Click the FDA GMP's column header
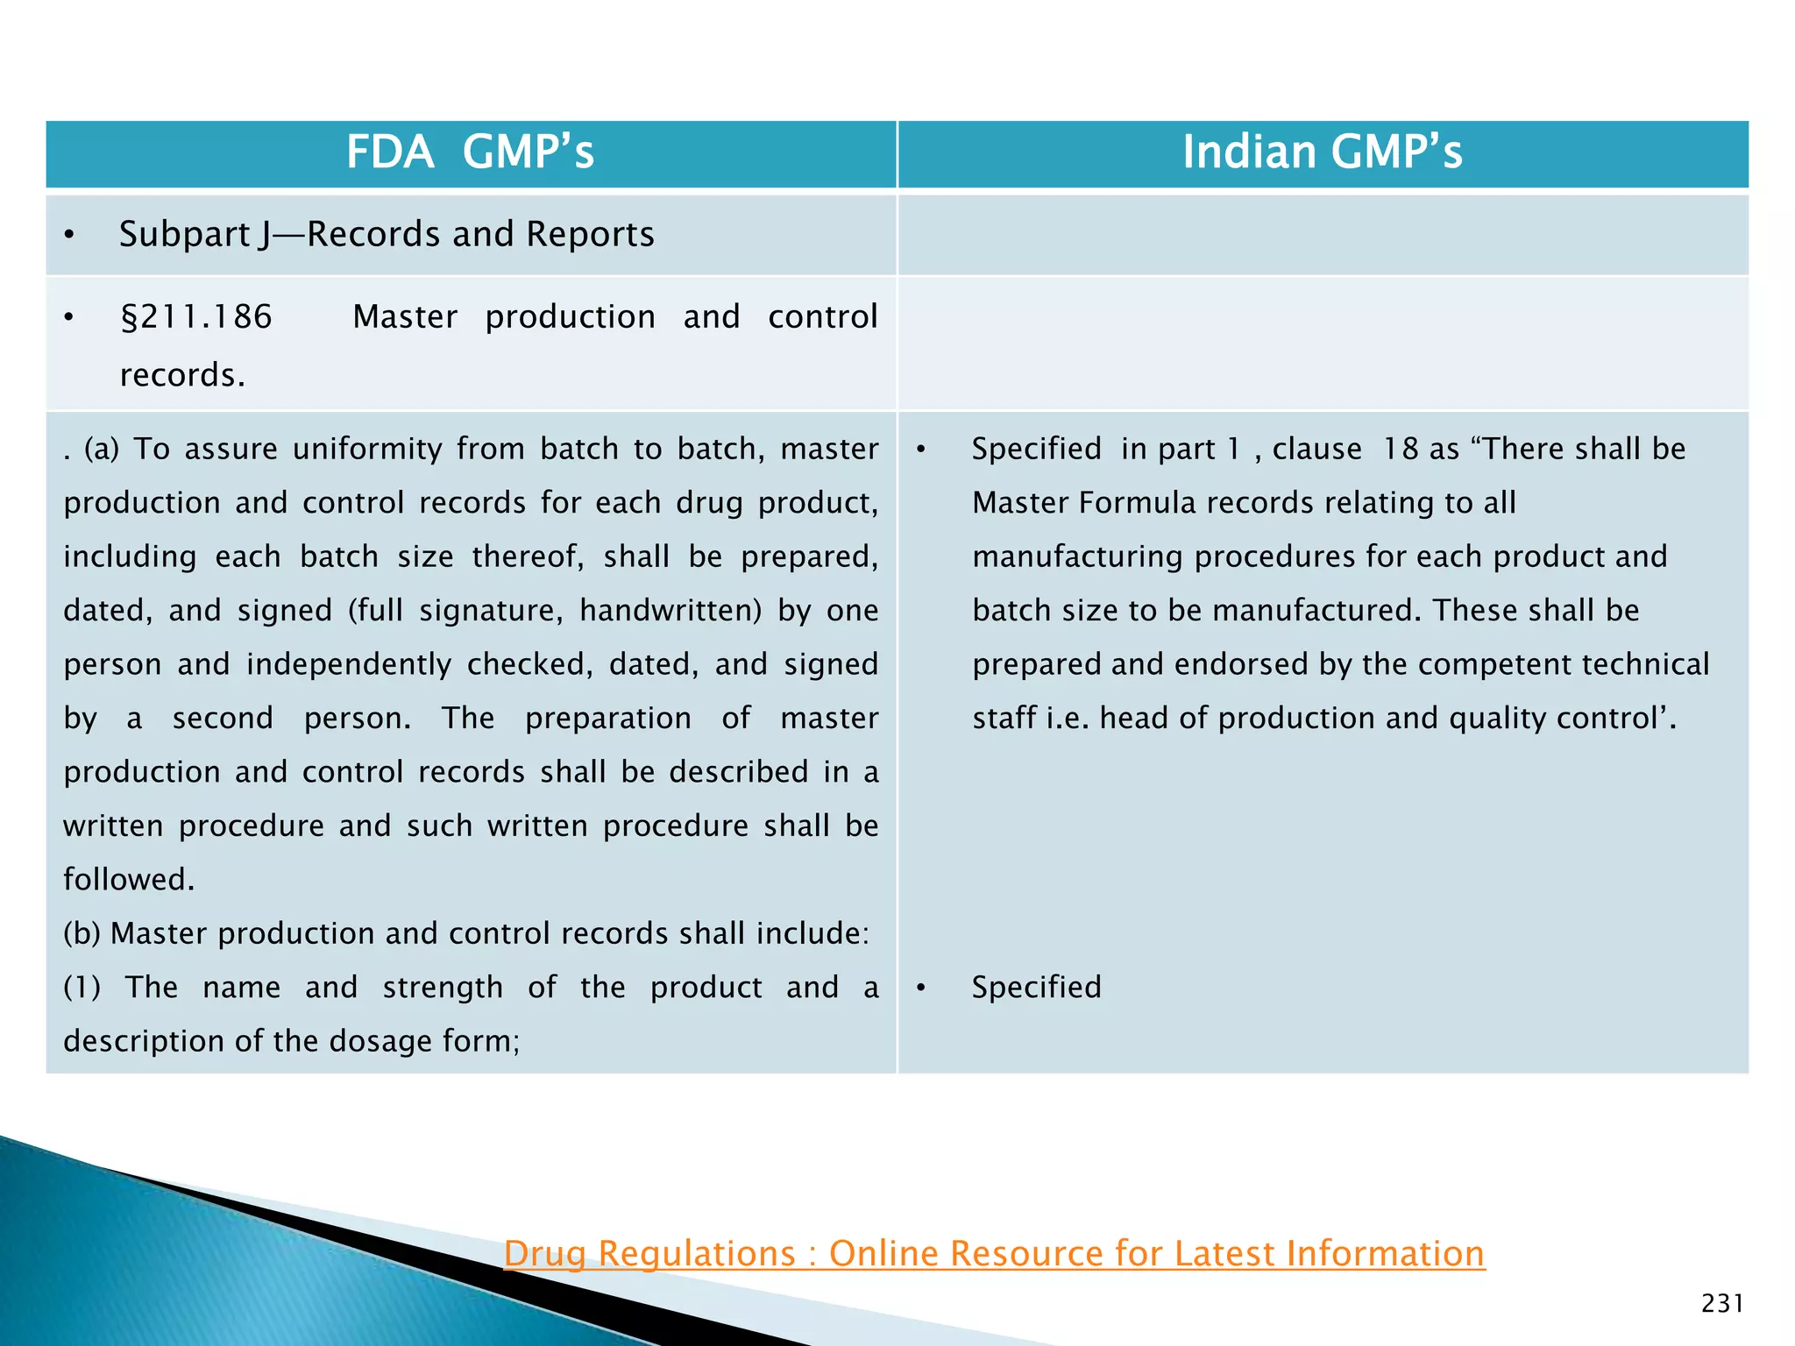(x=470, y=152)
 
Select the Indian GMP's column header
(x=1322, y=152)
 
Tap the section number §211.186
(x=196, y=317)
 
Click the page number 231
(x=1722, y=1303)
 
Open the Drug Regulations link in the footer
(x=994, y=1253)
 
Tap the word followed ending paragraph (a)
(x=128, y=880)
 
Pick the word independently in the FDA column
(x=348, y=665)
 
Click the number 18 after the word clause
(x=1400, y=450)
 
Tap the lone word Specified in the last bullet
(x=1036, y=988)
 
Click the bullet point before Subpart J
(x=69, y=235)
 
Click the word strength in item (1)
(x=443, y=988)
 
